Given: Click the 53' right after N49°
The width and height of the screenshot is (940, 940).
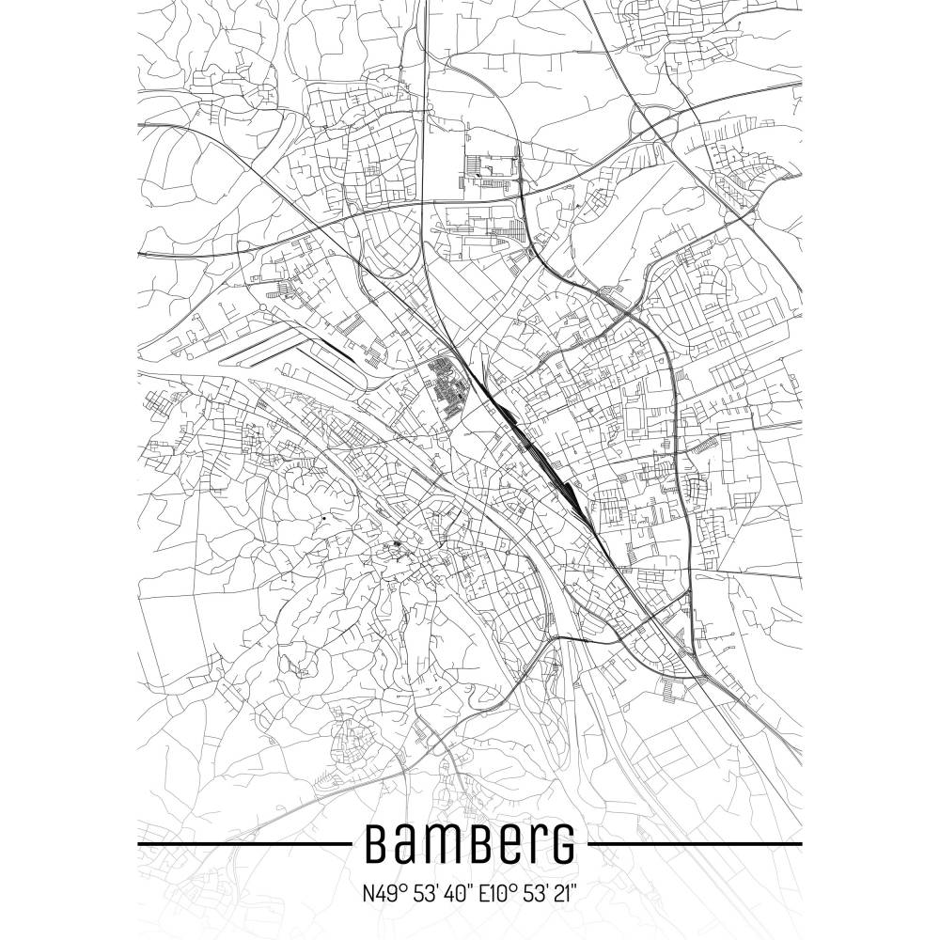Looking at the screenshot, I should pyautogui.click(x=420, y=891).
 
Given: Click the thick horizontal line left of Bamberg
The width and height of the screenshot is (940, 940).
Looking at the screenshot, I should pyautogui.click(x=244, y=844).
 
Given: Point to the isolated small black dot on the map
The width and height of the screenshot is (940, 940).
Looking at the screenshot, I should pyautogui.click(x=324, y=518).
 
